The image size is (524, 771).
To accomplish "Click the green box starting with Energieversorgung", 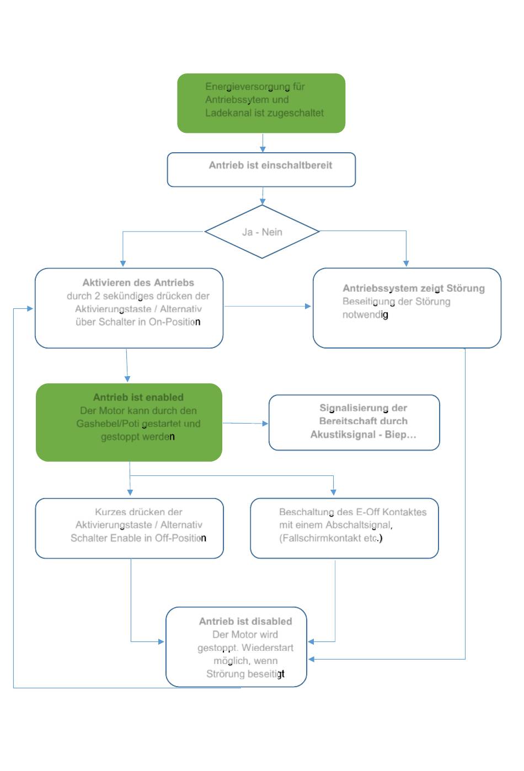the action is point(261,103).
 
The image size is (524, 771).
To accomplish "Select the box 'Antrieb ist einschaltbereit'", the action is point(261,169).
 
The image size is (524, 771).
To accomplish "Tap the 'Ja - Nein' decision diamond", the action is point(262,232).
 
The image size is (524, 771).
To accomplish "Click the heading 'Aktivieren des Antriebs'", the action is point(138,282).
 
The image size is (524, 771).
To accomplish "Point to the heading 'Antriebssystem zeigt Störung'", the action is point(414,288).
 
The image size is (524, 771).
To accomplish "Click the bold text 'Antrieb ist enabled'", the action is point(138,397).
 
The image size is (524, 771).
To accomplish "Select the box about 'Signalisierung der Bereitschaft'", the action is point(354,422).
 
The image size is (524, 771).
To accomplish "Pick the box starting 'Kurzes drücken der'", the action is point(129,528).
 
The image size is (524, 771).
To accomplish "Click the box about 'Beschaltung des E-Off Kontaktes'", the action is point(344,528).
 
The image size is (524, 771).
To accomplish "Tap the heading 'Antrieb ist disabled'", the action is point(245,622).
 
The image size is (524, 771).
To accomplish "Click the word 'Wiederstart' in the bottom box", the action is point(268,647).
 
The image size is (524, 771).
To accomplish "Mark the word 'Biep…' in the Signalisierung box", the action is point(400,435).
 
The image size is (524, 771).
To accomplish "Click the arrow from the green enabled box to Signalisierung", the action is point(245,423).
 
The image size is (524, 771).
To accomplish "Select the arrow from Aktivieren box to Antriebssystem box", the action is point(268,306).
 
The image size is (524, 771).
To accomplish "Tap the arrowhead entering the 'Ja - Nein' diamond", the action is point(263,201).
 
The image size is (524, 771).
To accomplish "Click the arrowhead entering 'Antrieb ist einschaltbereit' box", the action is point(263,149).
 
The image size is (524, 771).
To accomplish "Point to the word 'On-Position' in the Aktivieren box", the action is point(174,322).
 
